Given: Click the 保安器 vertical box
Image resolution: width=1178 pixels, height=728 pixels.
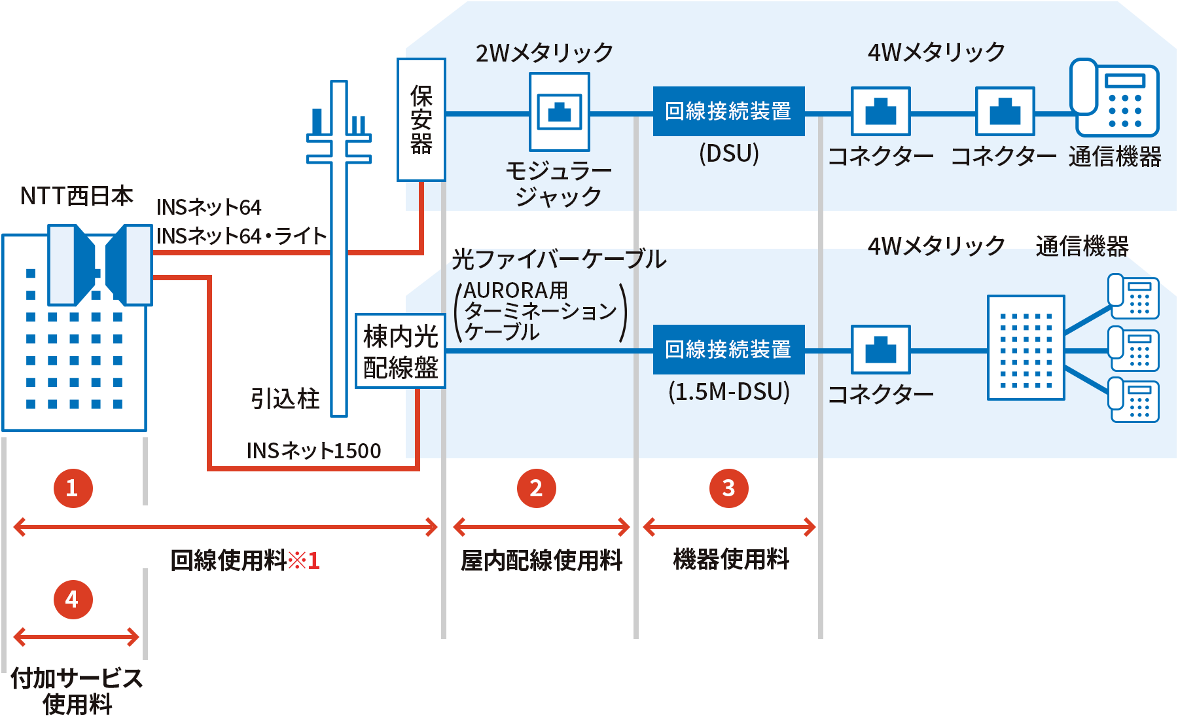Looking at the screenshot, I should click(421, 119).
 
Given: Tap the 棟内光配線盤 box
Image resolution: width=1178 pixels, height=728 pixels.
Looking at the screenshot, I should click(401, 352).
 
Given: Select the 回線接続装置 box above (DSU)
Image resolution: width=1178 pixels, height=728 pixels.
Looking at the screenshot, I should click(728, 111).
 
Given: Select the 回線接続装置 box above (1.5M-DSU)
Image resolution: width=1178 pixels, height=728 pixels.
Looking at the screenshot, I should click(728, 350).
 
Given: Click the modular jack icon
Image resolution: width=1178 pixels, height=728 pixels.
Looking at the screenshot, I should click(559, 111).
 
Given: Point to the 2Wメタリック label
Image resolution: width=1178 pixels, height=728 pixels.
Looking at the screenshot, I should click(544, 52).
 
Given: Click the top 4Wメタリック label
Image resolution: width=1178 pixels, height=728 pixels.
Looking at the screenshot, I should click(936, 52).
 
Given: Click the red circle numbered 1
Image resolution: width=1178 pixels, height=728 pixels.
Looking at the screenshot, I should click(72, 488).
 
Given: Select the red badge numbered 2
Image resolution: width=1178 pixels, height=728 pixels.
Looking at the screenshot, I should click(536, 488).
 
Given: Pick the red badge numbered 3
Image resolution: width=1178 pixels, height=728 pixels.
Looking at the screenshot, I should click(728, 488).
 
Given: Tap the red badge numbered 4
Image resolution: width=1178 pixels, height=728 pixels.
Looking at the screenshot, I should click(72, 599).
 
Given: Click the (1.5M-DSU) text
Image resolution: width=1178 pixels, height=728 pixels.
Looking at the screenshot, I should click(728, 391).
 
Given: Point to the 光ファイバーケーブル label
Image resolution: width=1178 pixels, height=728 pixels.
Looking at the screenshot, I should click(558, 259).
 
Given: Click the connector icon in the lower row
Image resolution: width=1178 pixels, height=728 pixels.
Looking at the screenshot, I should click(880, 350).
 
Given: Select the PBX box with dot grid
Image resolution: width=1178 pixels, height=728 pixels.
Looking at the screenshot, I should click(1026, 348).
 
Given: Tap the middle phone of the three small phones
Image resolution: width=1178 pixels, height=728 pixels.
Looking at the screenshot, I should click(1133, 349).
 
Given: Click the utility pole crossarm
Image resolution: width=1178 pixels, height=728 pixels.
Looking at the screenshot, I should click(338, 148).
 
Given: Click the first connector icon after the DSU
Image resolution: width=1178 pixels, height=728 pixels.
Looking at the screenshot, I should click(880, 111).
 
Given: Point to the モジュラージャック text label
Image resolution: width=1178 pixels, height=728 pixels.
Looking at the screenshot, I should click(558, 183).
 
